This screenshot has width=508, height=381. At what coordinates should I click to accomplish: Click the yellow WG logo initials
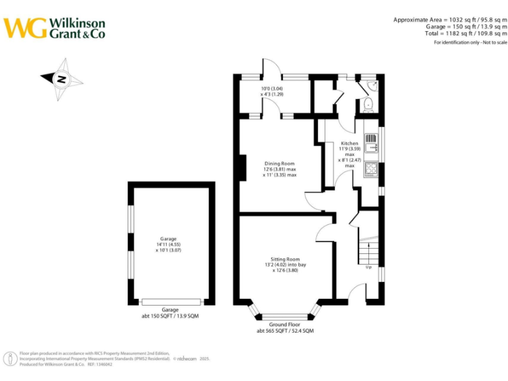point(25,28)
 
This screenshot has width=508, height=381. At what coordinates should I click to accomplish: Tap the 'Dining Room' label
point(280,163)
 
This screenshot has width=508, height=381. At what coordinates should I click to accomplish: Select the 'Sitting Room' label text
point(285,259)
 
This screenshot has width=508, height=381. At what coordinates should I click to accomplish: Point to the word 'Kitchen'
point(349,144)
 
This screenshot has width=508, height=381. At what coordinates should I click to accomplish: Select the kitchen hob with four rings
point(370,170)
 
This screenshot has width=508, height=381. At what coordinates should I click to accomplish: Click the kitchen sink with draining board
point(370,142)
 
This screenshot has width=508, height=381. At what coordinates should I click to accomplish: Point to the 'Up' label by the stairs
point(368,268)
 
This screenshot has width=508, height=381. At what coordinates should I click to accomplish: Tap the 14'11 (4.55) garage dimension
point(169,245)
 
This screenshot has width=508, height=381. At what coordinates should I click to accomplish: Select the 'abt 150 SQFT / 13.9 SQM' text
point(171,317)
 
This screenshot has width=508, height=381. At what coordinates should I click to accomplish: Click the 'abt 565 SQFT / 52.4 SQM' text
point(285,331)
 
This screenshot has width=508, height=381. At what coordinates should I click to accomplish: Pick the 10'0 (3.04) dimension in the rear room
point(271,89)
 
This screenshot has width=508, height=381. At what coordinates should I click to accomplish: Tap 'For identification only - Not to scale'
point(470,42)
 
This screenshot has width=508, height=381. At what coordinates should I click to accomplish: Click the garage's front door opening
point(171,302)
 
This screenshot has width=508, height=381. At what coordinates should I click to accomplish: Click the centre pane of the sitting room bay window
point(285,317)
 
